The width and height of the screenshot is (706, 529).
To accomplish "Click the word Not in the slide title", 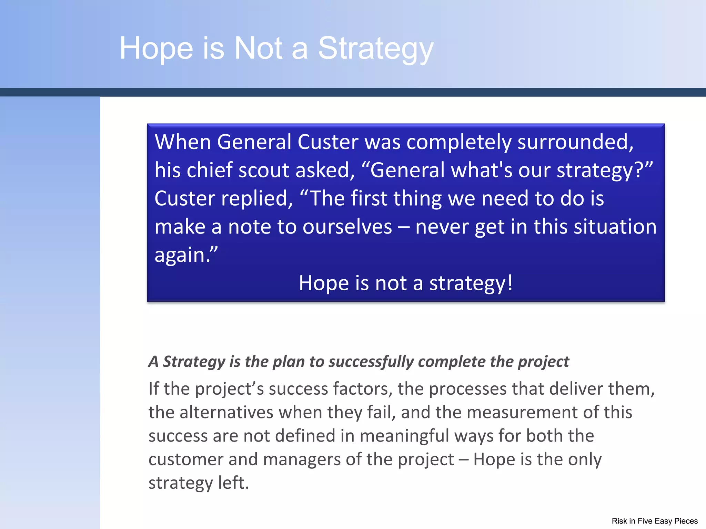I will point(258,48).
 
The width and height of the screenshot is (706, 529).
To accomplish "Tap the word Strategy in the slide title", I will point(375,49).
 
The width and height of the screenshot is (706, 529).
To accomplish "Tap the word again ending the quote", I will point(182,256).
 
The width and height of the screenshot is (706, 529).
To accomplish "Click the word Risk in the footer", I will point(619,521).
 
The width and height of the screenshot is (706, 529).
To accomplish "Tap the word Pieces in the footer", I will point(686,521).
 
